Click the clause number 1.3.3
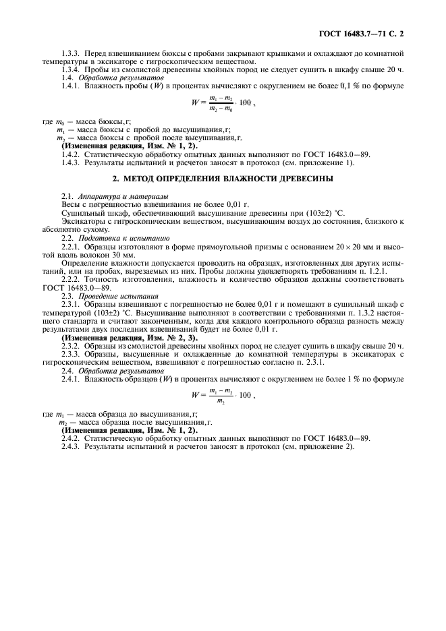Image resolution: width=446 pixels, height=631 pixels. click(70, 51)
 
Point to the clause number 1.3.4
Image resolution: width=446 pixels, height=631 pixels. click(70, 69)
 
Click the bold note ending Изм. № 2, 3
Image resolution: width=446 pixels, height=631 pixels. click(130, 337)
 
